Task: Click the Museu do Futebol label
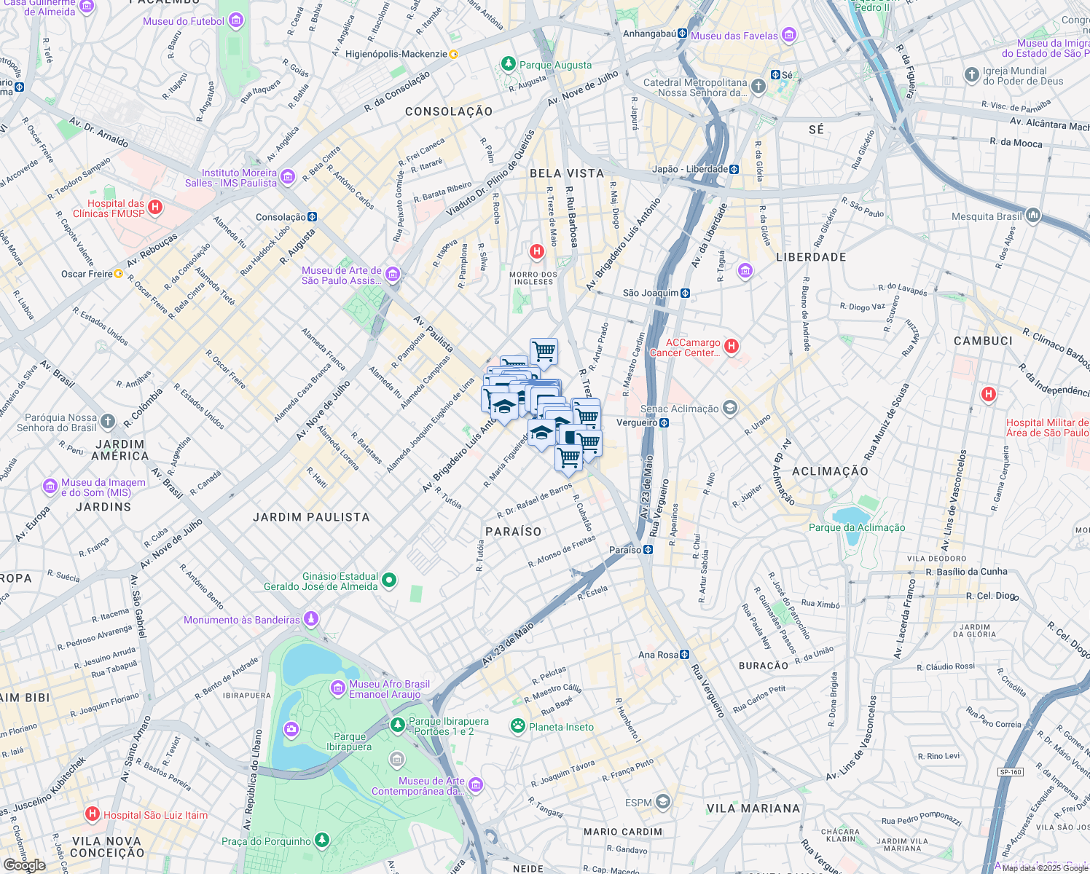(x=184, y=21)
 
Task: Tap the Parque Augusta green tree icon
(x=509, y=65)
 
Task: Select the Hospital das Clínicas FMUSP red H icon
(x=155, y=208)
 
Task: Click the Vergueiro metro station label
(x=637, y=422)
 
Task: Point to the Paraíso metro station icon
(x=648, y=550)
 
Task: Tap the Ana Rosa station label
(x=658, y=655)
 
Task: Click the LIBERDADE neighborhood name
(x=811, y=257)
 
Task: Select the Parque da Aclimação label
(x=857, y=527)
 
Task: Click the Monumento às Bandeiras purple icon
(x=311, y=619)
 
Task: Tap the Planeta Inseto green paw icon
(x=518, y=726)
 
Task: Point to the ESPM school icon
(x=662, y=802)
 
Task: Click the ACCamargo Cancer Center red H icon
(x=732, y=347)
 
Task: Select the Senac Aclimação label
(x=679, y=409)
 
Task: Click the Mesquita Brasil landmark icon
(x=1033, y=216)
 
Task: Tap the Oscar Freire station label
(x=87, y=274)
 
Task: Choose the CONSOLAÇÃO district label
(x=449, y=111)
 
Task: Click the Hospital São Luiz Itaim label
(x=155, y=815)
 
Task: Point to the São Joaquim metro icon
(x=685, y=293)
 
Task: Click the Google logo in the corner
(x=24, y=865)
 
